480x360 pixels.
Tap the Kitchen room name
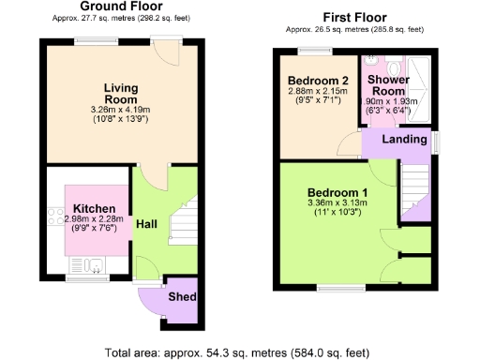[93, 209]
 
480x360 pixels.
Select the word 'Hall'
[146, 225]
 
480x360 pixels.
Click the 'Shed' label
[181, 297]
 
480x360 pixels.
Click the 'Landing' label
[400, 140]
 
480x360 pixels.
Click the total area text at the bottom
[239, 352]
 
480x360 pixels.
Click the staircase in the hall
[183, 225]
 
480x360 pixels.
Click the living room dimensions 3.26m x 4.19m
[121, 110]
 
